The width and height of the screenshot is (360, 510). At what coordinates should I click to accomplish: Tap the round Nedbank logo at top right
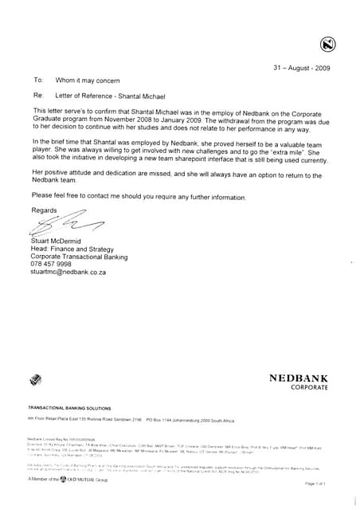point(328,45)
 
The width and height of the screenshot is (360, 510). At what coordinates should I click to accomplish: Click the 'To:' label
point(37,80)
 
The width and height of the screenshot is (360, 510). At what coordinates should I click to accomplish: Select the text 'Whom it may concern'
point(88,80)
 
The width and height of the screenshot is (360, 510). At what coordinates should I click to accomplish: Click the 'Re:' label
point(37,95)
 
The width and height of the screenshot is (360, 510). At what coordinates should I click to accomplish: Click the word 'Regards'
point(44,210)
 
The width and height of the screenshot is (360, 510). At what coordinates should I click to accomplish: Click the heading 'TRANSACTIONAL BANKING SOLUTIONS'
point(70,408)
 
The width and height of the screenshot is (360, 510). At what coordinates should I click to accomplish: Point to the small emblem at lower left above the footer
point(35,380)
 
